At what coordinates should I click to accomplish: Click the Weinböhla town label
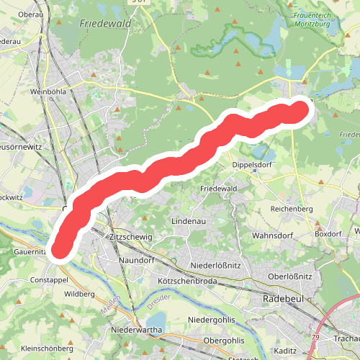pos(48,92)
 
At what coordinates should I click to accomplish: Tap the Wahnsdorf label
pos(270,235)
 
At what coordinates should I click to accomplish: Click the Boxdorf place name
pos(328,234)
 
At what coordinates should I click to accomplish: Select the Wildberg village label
pos(79,294)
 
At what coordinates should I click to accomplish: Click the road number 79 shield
pos(315,336)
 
